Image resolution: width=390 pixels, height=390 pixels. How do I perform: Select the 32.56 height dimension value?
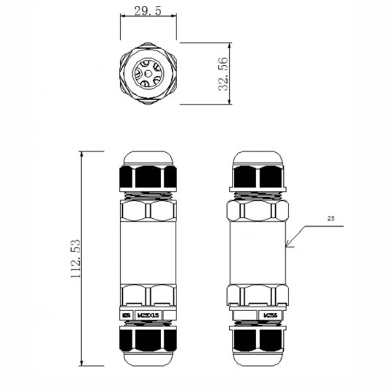click(223, 73)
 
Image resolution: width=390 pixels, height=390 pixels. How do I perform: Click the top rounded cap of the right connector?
click(258, 158)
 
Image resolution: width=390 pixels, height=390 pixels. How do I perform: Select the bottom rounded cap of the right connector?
click(258, 358)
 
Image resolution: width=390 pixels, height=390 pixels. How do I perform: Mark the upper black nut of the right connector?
click(258, 177)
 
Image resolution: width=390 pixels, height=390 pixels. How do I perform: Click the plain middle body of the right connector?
click(258, 252)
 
